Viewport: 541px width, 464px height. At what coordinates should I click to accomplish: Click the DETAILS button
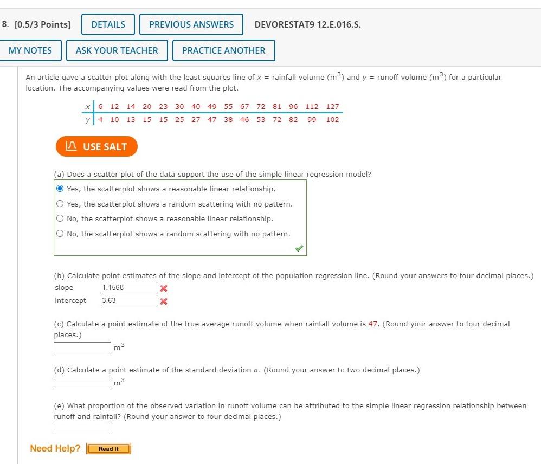tap(108, 24)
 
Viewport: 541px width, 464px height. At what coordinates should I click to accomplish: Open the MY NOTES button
tap(30, 50)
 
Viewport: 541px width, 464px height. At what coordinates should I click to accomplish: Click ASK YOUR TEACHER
tap(117, 50)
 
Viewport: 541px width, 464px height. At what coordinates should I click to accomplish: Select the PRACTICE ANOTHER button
tap(223, 50)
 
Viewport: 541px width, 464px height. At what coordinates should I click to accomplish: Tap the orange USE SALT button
tap(96, 146)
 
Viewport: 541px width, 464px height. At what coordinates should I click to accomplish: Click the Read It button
tap(108, 449)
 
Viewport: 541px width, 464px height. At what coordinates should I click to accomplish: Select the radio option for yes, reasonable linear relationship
tap(60, 189)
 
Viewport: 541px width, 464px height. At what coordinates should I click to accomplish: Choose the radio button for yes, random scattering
tap(60, 204)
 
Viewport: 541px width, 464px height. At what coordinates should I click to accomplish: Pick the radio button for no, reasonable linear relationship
tap(60, 218)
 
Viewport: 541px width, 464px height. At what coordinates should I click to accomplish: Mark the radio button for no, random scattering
tap(60, 234)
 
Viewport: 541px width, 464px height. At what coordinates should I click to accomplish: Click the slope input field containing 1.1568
tap(128, 288)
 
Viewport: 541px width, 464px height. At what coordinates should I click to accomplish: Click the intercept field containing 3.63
tap(128, 301)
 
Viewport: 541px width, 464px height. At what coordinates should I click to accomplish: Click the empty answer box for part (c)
tap(82, 347)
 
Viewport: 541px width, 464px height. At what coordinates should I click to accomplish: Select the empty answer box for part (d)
tap(82, 383)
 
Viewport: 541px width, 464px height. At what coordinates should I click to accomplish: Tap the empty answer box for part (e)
tap(82, 427)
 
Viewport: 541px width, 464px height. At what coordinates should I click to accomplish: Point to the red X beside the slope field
tap(164, 288)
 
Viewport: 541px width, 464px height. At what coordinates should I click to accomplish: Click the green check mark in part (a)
tap(299, 248)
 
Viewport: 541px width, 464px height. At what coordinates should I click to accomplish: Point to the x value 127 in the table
tap(332, 107)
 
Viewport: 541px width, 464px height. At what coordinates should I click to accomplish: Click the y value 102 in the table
tap(332, 120)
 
